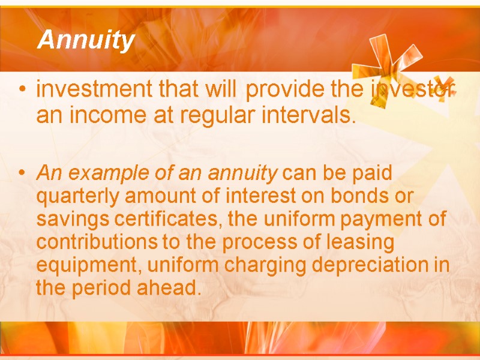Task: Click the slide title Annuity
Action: pos(86,41)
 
